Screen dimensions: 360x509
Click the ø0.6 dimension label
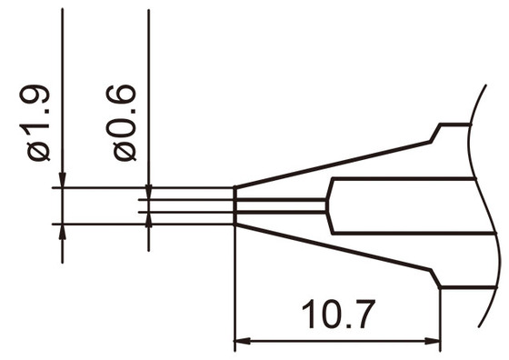[x=125, y=123]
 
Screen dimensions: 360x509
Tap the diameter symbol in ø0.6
[x=125, y=149]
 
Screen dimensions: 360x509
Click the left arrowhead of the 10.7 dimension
[x=243, y=344]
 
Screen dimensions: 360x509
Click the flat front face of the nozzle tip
[x=235, y=205]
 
